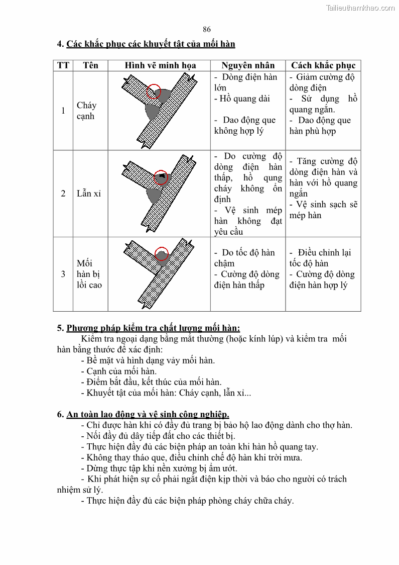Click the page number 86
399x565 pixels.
[207, 29]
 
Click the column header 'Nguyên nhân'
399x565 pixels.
[248, 65]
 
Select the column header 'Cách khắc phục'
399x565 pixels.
[323, 65]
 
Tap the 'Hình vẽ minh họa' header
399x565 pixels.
[160, 65]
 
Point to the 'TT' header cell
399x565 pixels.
[63, 65]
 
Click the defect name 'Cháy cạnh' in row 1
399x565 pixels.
[86, 111]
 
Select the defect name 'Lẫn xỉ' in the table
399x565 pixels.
[89, 194]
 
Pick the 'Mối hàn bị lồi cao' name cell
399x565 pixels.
[89, 274]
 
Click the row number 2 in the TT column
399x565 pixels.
[63, 194]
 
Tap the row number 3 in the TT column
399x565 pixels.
[63, 274]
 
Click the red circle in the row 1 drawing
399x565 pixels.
[154, 91]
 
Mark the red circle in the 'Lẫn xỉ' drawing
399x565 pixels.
[161, 176]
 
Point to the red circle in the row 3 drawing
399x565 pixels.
[161, 254]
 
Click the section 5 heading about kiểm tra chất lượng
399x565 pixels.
[148, 328]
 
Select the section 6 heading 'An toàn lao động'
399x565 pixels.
[143, 414]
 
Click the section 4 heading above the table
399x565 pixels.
[146, 44]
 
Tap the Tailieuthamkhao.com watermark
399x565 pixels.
[360, 8]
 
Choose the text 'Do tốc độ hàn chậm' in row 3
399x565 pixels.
[244, 258]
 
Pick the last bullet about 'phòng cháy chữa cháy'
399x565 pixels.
[187, 501]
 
